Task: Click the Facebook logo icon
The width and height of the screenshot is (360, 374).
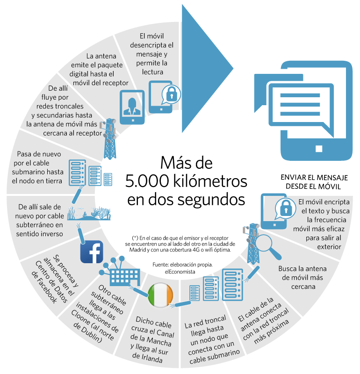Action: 92,252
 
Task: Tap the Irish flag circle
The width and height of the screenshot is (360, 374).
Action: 160,295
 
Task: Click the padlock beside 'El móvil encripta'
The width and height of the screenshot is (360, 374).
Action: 285,208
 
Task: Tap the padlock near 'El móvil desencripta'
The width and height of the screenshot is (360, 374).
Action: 171,94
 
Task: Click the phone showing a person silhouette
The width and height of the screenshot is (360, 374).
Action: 132,107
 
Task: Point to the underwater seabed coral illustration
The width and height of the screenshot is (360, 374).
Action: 89,214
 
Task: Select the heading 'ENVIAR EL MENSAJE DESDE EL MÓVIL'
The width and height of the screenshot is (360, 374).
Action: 314,182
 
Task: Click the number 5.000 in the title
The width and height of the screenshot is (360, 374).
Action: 147,181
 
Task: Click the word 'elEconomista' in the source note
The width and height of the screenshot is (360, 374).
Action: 180,272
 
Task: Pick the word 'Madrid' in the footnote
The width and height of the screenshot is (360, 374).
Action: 136,250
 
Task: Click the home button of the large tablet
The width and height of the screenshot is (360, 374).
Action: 319,149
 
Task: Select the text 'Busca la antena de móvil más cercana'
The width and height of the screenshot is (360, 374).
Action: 302,278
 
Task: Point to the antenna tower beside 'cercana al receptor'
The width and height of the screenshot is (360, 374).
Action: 109,139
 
